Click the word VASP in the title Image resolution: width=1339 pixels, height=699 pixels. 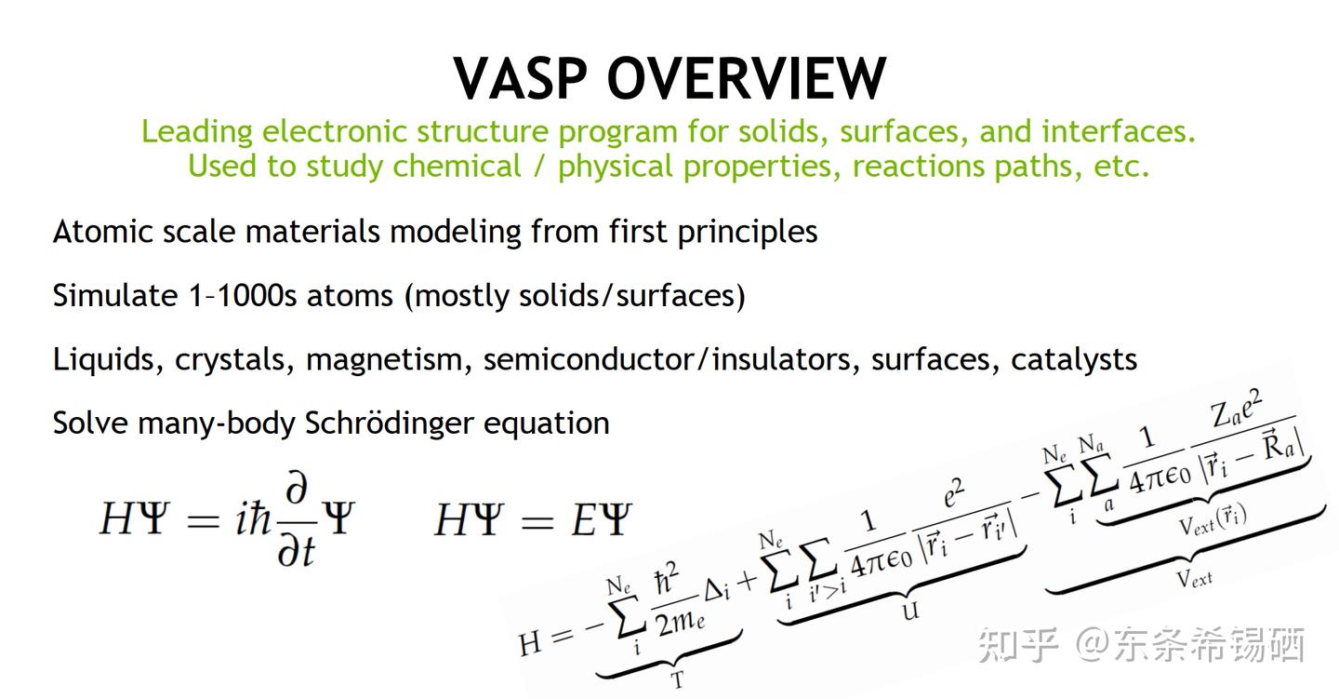point(521,78)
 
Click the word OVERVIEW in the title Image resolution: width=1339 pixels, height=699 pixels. point(748,78)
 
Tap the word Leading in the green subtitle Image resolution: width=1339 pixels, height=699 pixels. point(197,131)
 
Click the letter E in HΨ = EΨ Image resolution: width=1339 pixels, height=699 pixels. point(583,519)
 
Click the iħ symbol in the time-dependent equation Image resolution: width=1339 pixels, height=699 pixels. point(254,519)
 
